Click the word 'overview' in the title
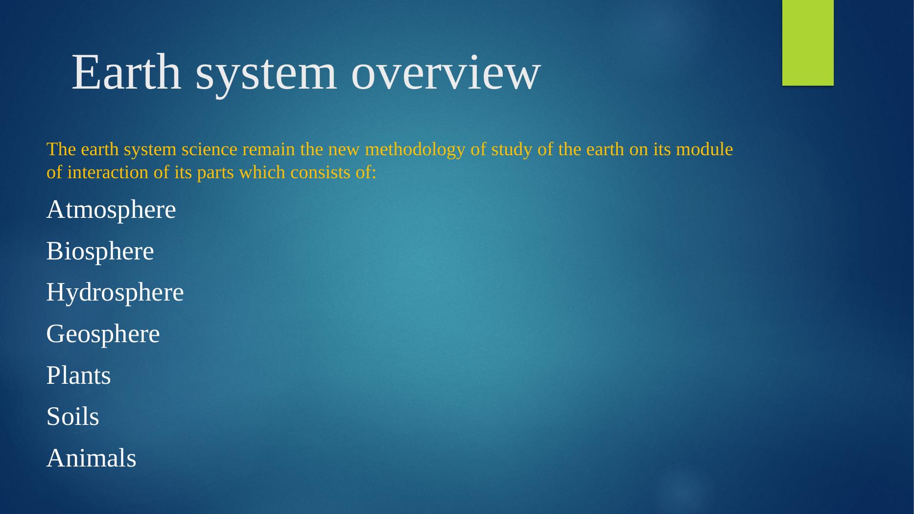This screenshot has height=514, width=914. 446,73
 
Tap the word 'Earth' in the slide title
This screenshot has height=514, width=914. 126,72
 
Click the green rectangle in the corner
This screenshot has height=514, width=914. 808,43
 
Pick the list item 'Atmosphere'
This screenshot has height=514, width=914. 111,210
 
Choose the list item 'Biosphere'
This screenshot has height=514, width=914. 100,252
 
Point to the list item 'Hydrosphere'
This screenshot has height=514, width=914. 115,293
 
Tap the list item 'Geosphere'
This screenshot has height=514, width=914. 103,335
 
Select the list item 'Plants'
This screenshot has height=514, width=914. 79,375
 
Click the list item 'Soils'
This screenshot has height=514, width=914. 73,417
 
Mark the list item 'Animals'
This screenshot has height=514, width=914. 92,458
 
